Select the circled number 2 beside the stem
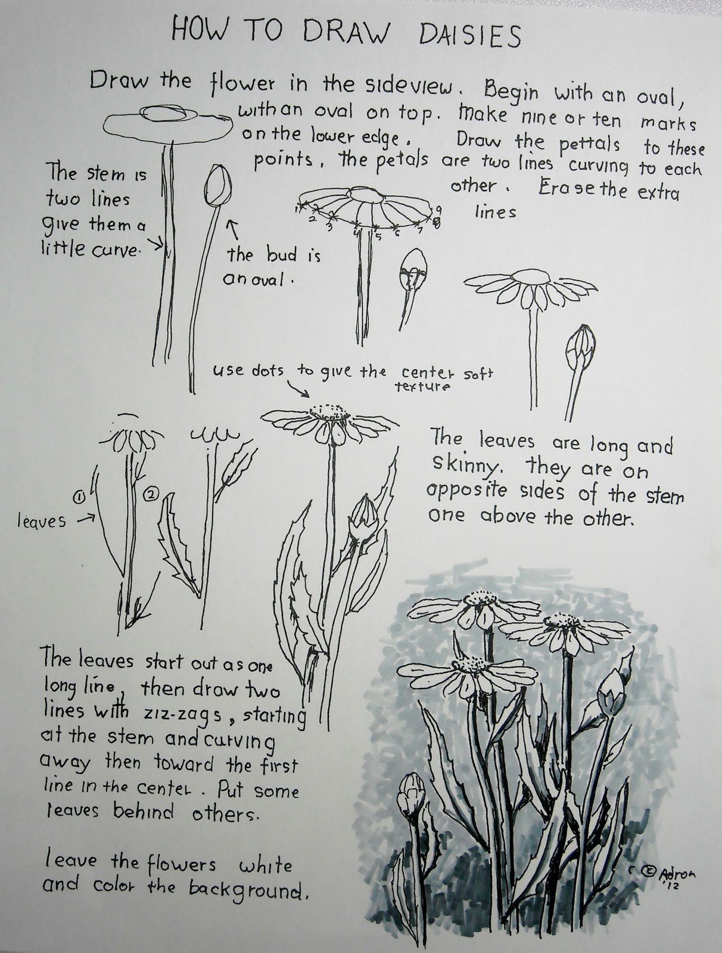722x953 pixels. coord(151,493)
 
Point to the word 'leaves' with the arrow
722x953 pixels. coord(41,521)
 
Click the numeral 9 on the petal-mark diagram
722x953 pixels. coord(438,209)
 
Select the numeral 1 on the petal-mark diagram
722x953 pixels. coord(297,210)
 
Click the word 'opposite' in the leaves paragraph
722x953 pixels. coord(466,491)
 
